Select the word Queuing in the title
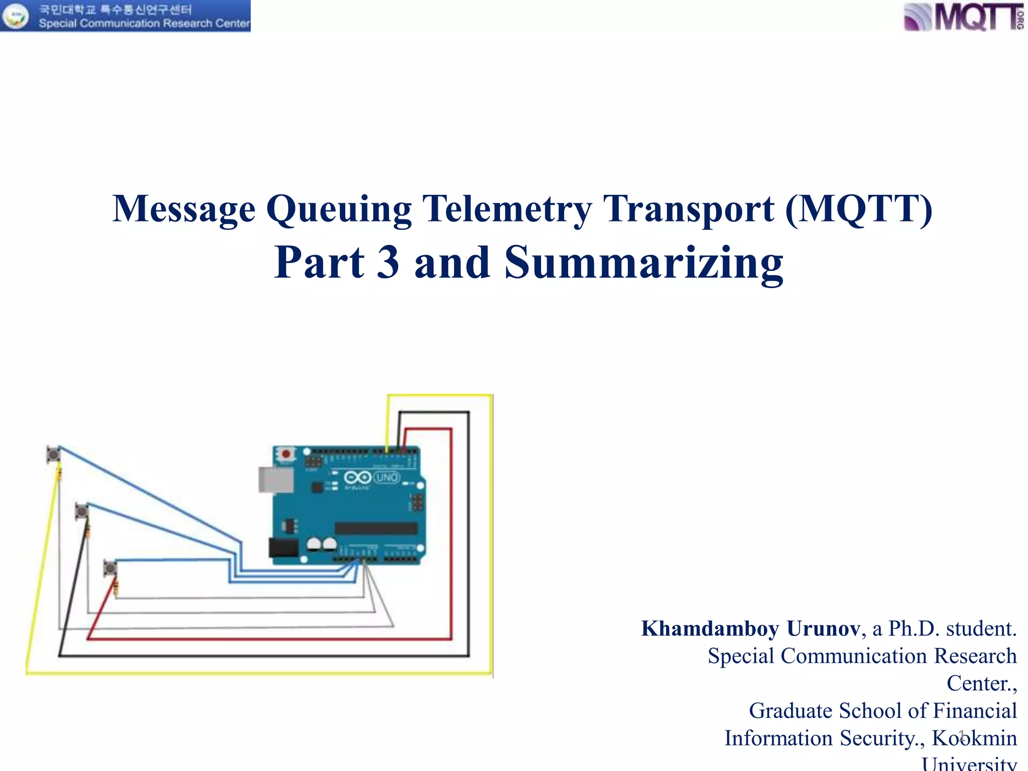click(339, 209)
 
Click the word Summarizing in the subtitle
click(644, 263)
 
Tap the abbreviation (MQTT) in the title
click(859, 208)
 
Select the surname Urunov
click(823, 628)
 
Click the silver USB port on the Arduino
click(276, 479)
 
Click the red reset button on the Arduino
click(286, 454)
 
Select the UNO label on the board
click(387, 477)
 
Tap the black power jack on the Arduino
click(284, 548)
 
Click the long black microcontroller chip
click(376, 528)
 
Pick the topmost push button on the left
click(53, 454)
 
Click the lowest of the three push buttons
click(110, 568)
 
